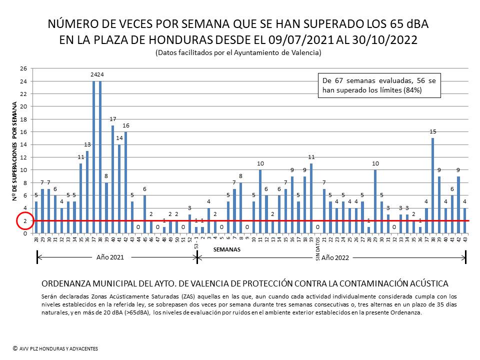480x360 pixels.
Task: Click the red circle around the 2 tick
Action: [x=24, y=220]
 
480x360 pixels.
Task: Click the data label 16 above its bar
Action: [x=126, y=125]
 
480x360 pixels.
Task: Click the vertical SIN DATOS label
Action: [x=317, y=249]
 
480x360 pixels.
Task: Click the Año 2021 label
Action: [x=110, y=257]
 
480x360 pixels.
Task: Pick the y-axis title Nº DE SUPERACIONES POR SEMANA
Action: [x=15, y=150]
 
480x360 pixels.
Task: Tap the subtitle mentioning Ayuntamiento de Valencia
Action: [x=238, y=52]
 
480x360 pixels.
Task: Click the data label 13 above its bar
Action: [x=87, y=145]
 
